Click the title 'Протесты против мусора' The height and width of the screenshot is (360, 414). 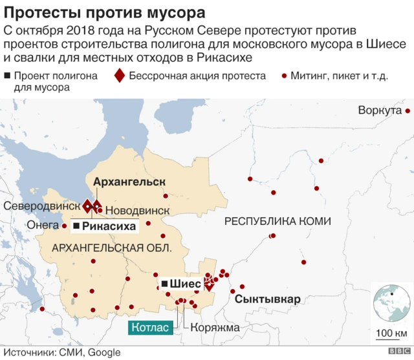[x=106, y=12]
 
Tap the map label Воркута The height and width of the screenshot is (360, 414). [x=380, y=111]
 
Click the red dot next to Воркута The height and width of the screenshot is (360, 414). [x=408, y=111]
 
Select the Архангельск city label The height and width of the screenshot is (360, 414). [x=129, y=182]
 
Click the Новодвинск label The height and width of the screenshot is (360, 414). [x=136, y=211]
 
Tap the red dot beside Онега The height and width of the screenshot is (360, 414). [x=64, y=226]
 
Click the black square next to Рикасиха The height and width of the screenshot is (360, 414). [x=76, y=226]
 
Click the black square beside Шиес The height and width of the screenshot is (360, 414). [x=164, y=283]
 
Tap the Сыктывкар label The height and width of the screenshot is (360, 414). [x=267, y=300]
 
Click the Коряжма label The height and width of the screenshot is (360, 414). [x=215, y=327]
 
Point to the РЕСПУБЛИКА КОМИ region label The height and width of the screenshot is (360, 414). [x=278, y=222]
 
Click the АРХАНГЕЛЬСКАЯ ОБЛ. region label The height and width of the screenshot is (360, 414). [x=112, y=248]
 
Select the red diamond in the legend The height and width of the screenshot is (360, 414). [x=119, y=76]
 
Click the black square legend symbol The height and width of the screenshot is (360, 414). [x=6, y=76]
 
